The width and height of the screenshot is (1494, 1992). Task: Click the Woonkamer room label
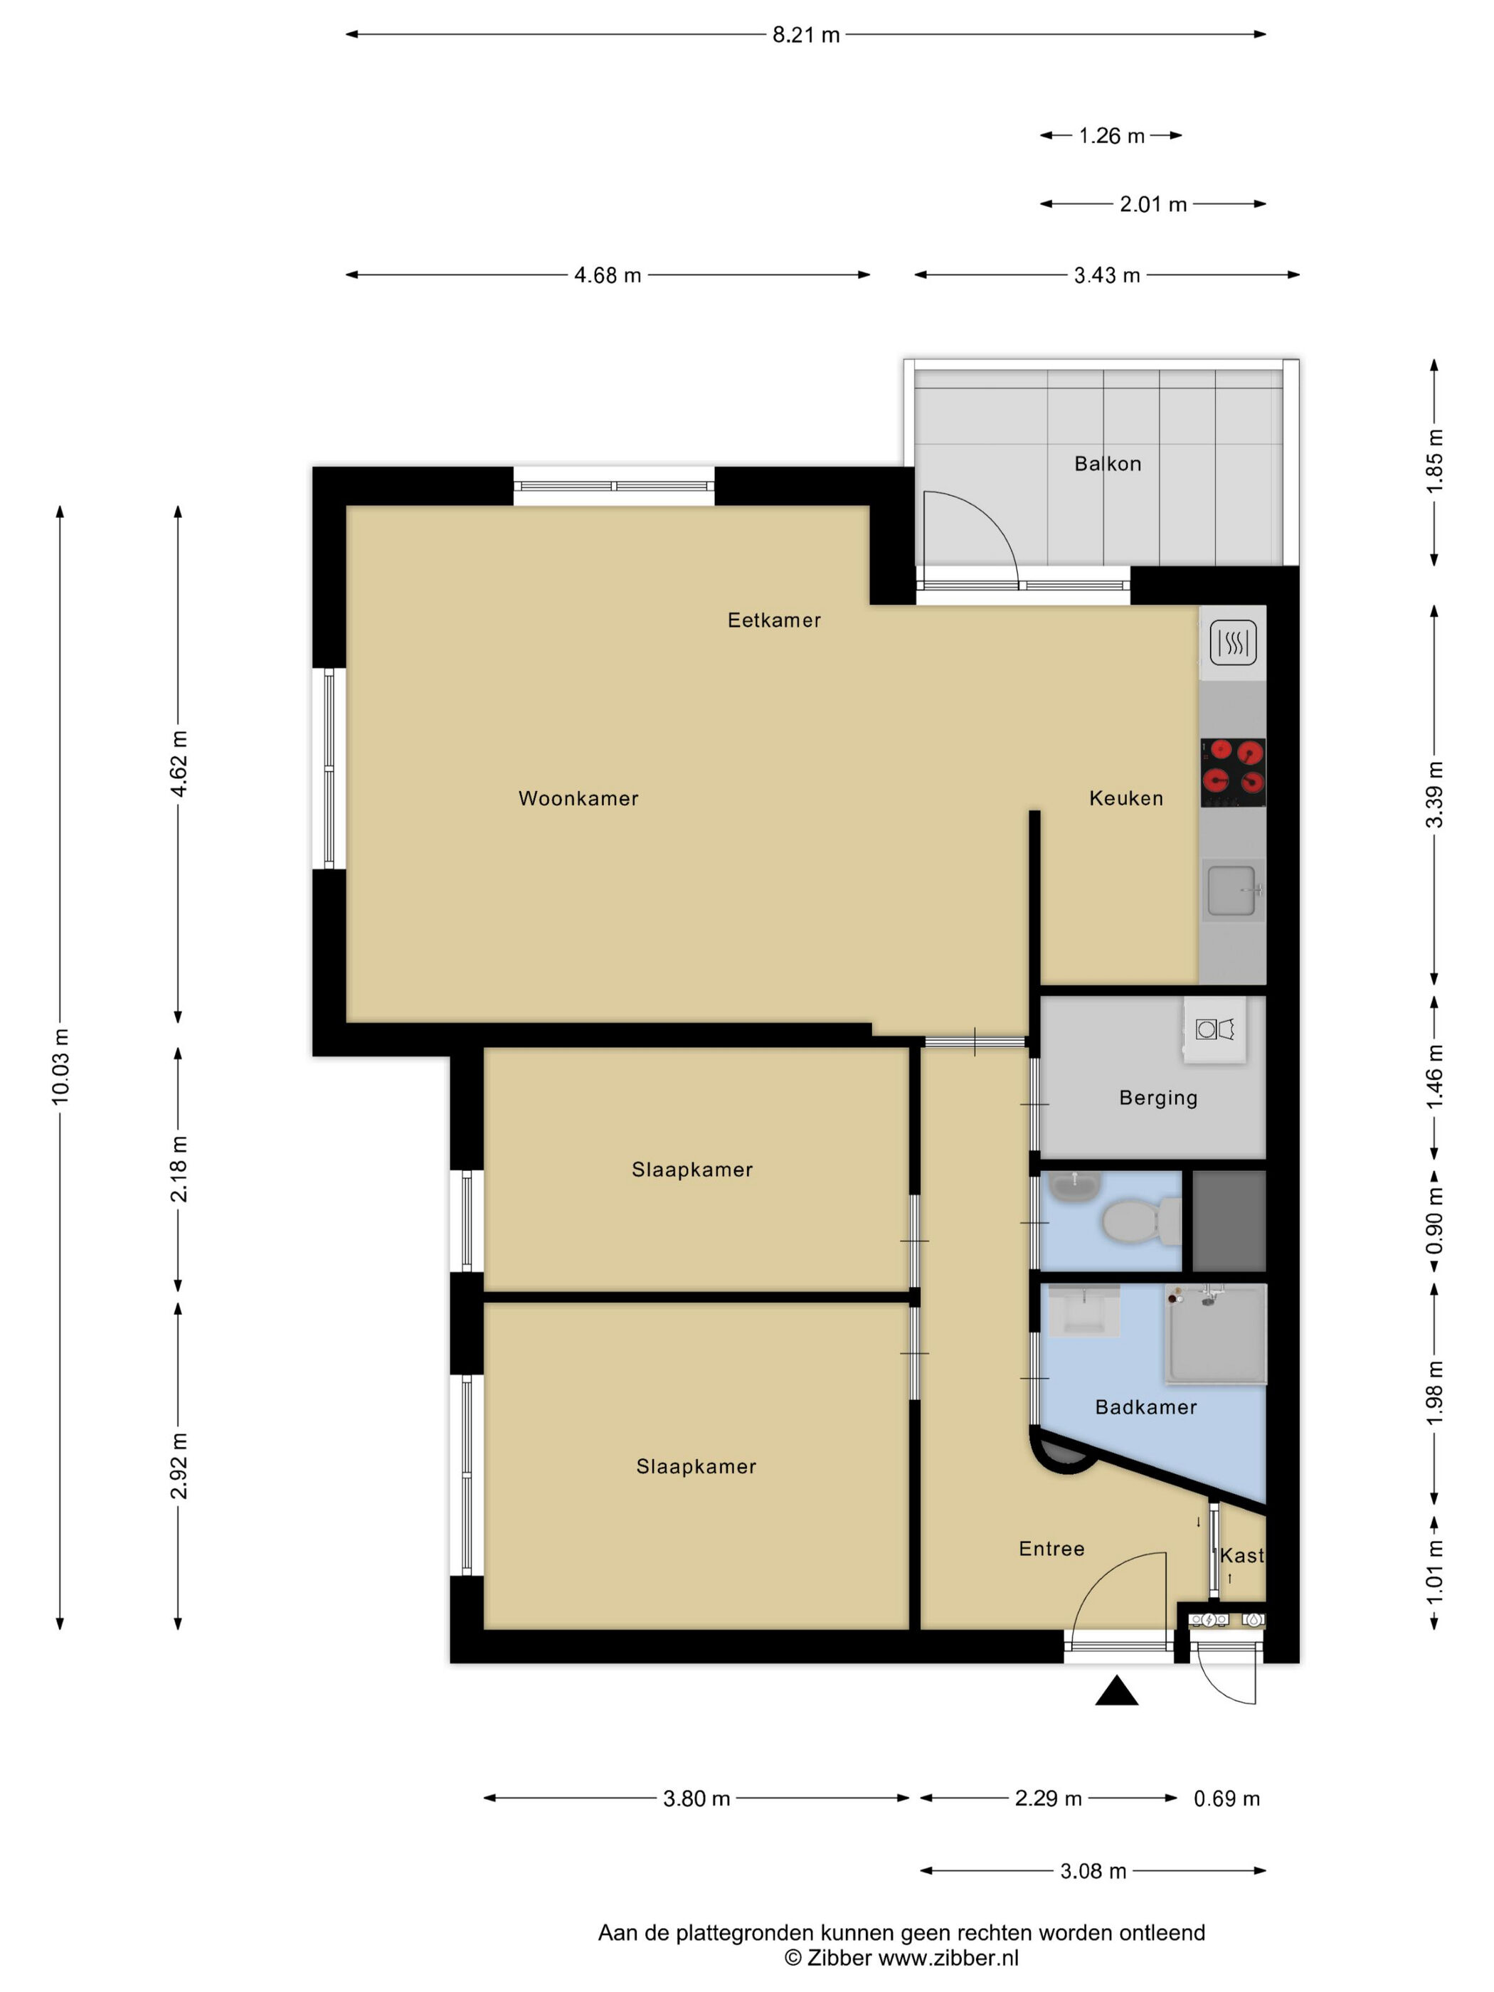click(578, 798)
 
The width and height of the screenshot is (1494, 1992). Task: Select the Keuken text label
click(1125, 798)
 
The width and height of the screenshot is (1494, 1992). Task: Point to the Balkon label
click(1108, 464)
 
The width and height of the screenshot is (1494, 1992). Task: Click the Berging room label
click(1158, 1098)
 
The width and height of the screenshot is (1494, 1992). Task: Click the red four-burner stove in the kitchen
click(1233, 773)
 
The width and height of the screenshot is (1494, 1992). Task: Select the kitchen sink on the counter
click(1233, 891)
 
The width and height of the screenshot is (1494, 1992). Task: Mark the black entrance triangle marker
click(1117, 1690)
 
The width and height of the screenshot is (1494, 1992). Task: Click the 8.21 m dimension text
click(806, 35)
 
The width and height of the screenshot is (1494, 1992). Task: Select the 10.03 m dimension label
click(60, 1066)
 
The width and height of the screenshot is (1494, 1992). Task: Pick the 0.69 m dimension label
click(1227, 1798)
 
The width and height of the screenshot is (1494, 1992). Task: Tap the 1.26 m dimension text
click(1111, 136)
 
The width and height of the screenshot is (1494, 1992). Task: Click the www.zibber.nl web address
click(948, 1957)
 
